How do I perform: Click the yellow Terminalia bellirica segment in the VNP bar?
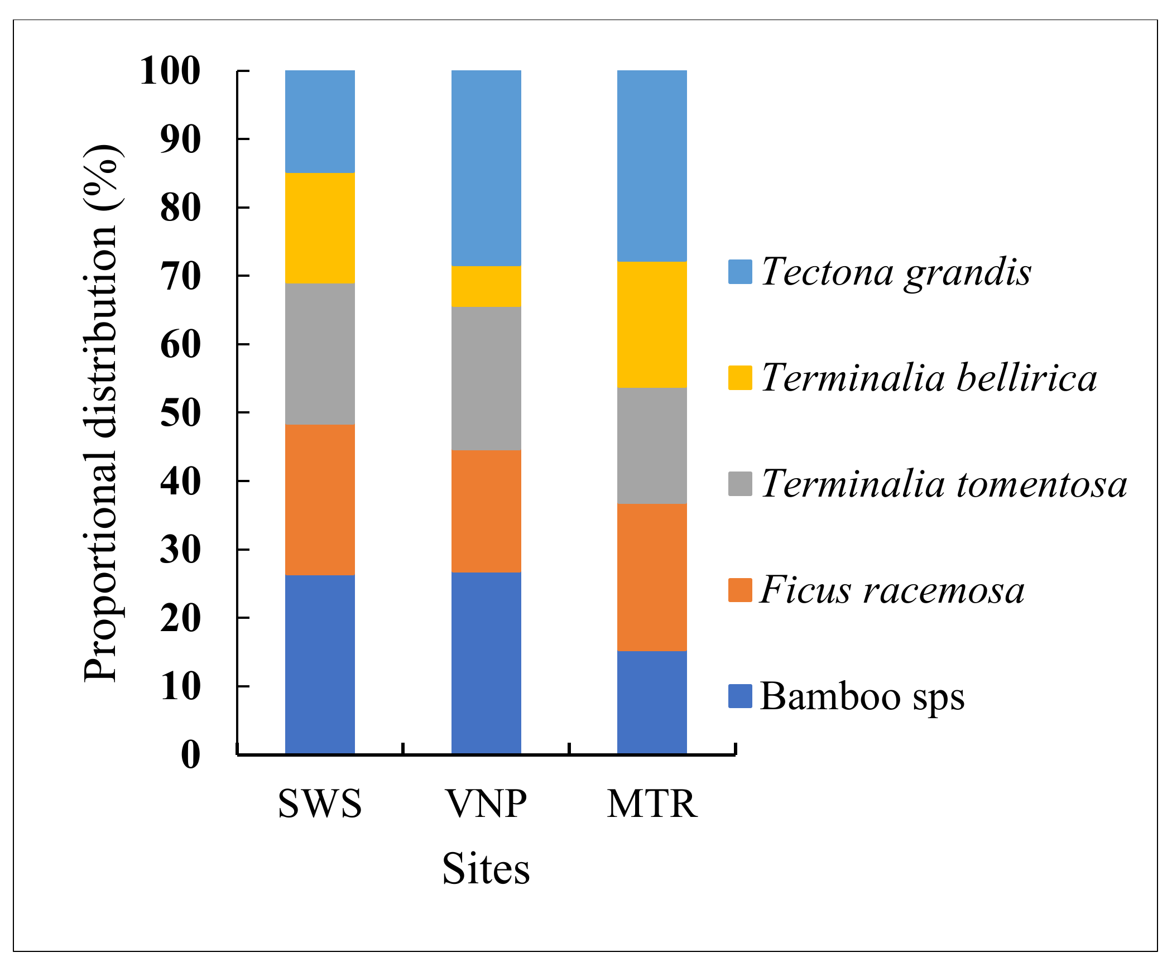[x=486, y=286]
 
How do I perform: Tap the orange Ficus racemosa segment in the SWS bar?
[x=320, y=500]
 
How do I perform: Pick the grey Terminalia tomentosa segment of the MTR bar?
[x=652, y=446]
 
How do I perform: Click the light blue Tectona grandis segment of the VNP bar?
[x=486, y=168]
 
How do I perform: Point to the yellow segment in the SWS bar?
[x=320, y=228]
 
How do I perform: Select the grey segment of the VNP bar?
[x=486, y=378]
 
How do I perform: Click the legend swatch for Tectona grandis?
[x=740, y=272]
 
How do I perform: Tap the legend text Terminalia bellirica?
[x=929, y=378]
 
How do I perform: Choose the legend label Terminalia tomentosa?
[x=944, y=484]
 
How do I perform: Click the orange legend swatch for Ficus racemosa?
[x=740, y=590]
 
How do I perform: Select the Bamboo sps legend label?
[x=862, y=696]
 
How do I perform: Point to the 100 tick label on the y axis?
[x=170, y=71]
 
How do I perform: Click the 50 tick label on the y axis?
[x=180, y=413]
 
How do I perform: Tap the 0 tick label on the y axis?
[x=190, y=755]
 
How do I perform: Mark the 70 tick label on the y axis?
[x=180, y=277]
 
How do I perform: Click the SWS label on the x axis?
[x=320, y=804]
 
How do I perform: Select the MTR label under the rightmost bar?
[x=652, y=804]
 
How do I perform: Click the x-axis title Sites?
[x=486, y=869]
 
